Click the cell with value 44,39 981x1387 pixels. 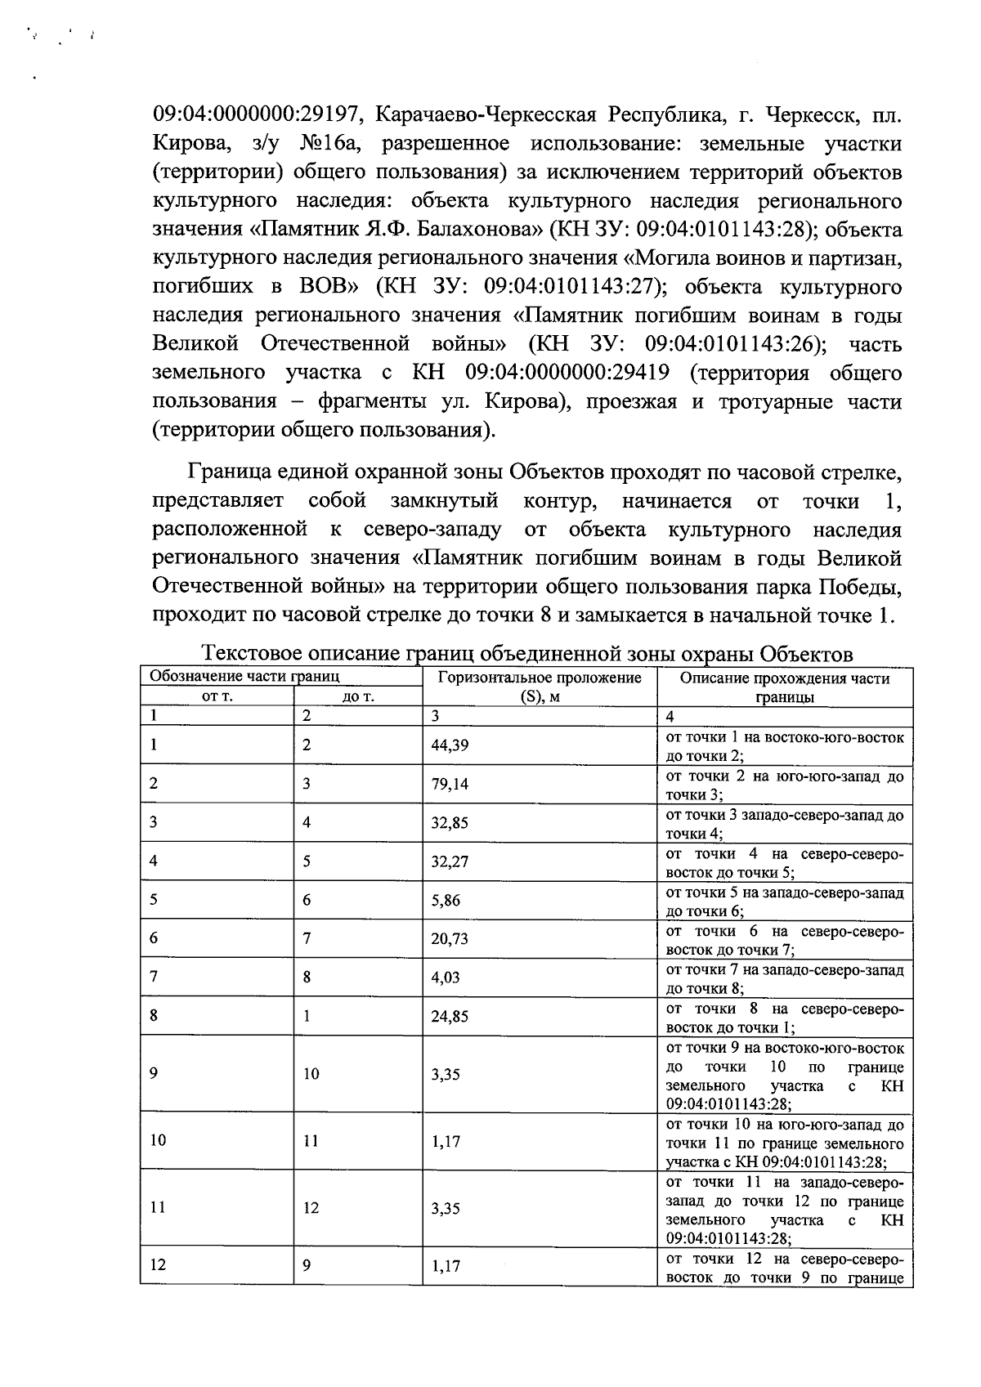pyautogui.click(x=450, y=745)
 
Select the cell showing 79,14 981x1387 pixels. pyautogui.click(x=450, y=784)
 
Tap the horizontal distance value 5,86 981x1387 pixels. pyautogui.click(x=446, y=901)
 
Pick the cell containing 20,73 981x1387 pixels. pyautogui.click(x=450, y=940)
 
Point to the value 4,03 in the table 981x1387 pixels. pyautogui.click(x=446, y=978)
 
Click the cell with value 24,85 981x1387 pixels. pyautogui.click(x=450, y=1017)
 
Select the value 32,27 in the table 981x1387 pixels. pyautogui.click(x=450, y=862)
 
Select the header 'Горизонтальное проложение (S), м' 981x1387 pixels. pyautogui.click(x=540, y=687)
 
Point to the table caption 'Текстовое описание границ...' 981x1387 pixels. pyautogui.click(x=527, y=654)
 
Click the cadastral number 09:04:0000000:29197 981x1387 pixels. pyautogui.click(x=252, y=114)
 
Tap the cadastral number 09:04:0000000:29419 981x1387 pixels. pyautogui.click(x=567, y=373)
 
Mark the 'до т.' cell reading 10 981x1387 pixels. pyautogui.click(x=311, y=1074)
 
